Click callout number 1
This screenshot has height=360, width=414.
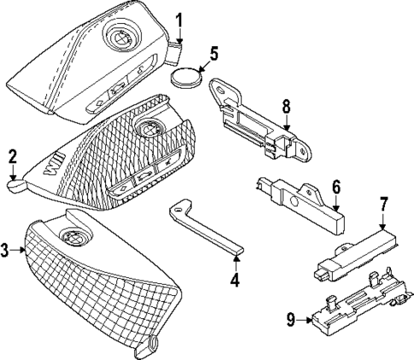pos(180,19)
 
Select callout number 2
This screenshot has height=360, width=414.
pos(12,155)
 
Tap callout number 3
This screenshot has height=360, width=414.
pos(7,250)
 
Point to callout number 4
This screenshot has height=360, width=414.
pos(236,279)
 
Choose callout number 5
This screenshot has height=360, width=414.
pos(213,53)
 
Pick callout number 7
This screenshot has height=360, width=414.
pos(384,205)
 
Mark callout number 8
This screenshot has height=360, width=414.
pos(287,107)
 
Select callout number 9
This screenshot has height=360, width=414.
pos(291,321)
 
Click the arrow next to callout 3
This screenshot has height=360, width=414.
pos(21,250)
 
